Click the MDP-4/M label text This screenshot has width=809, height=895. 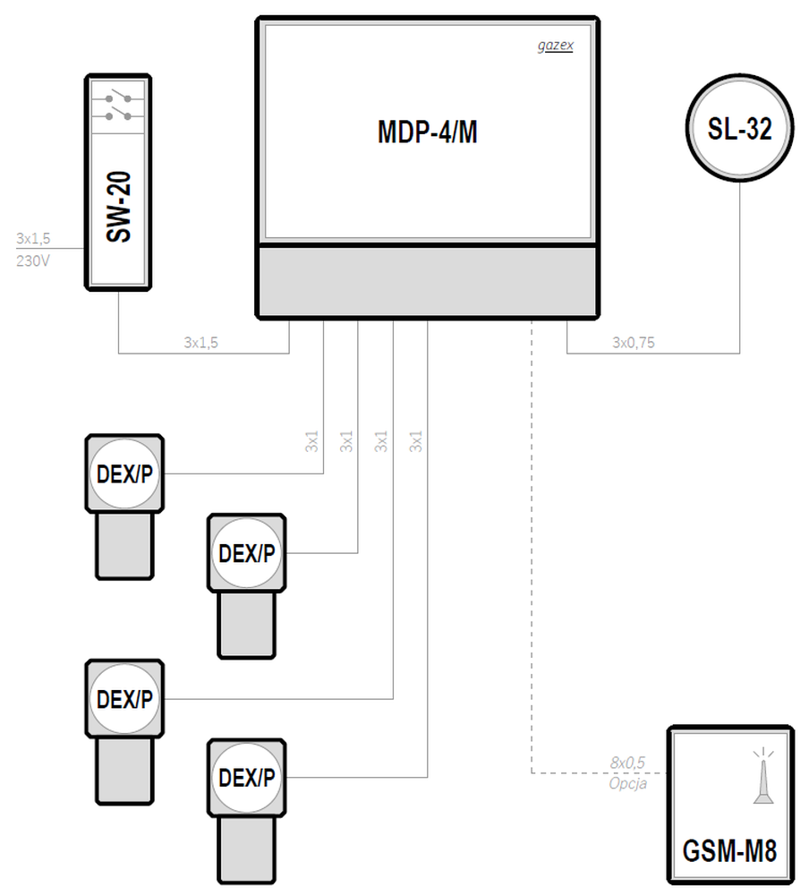pos(428,132)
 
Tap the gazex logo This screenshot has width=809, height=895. pos(556,46)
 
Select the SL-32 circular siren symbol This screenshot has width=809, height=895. pos(739,128)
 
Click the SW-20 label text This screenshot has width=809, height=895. pos(119,208)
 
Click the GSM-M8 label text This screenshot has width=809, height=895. pos(729,850)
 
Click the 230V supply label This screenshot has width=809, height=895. pos(32,260)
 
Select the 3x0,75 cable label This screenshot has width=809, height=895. pos(634,343)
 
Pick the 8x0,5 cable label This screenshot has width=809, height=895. pos(627,763)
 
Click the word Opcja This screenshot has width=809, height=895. pos(628,784)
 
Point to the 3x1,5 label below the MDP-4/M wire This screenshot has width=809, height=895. pos(201,343)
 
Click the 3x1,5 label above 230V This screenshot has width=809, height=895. pos(33,238)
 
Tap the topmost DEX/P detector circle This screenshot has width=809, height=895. pos(124,473)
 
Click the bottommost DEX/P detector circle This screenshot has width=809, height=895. pos(247,778)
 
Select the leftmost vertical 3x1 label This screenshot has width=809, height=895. pos(311,441)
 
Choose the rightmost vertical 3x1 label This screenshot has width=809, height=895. pos(415,441)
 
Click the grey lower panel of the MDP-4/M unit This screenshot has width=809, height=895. pos(428,281)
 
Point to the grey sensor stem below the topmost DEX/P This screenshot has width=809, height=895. pos(124,546)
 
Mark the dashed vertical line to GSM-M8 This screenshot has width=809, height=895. pos(532,547)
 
